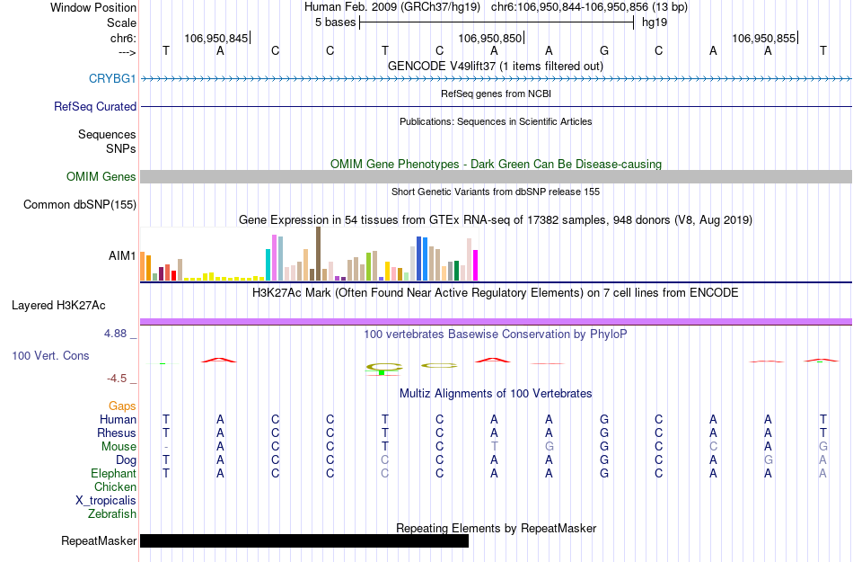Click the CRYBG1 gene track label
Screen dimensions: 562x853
click(x=112, y=78)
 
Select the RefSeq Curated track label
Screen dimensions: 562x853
click(x=95, y=106)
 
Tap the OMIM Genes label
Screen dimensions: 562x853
click(x=101, y=176)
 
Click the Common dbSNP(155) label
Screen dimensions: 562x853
click(x=80, y=204)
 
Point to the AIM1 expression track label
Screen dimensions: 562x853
click(x=122, y=255)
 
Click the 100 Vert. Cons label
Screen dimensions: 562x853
click(x=50, y=355)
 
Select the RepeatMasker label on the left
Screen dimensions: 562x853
click(x=99, y=540)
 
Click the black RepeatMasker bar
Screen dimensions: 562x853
click(x=304, y=540)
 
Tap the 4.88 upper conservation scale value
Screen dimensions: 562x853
click(x=120, y=333)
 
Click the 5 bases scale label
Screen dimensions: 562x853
click(x=335, y=22)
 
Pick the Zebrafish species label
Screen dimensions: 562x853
click(x=112, y=513)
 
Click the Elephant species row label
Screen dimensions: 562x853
click(x=113, y=473)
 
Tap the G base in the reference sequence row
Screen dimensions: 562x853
click(x=604, y=50)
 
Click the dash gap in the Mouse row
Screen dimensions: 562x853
click(x=166, y=446)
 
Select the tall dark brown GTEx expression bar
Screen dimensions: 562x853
click(x=318, y=254)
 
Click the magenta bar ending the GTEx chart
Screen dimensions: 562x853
click(x=476, y=265)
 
